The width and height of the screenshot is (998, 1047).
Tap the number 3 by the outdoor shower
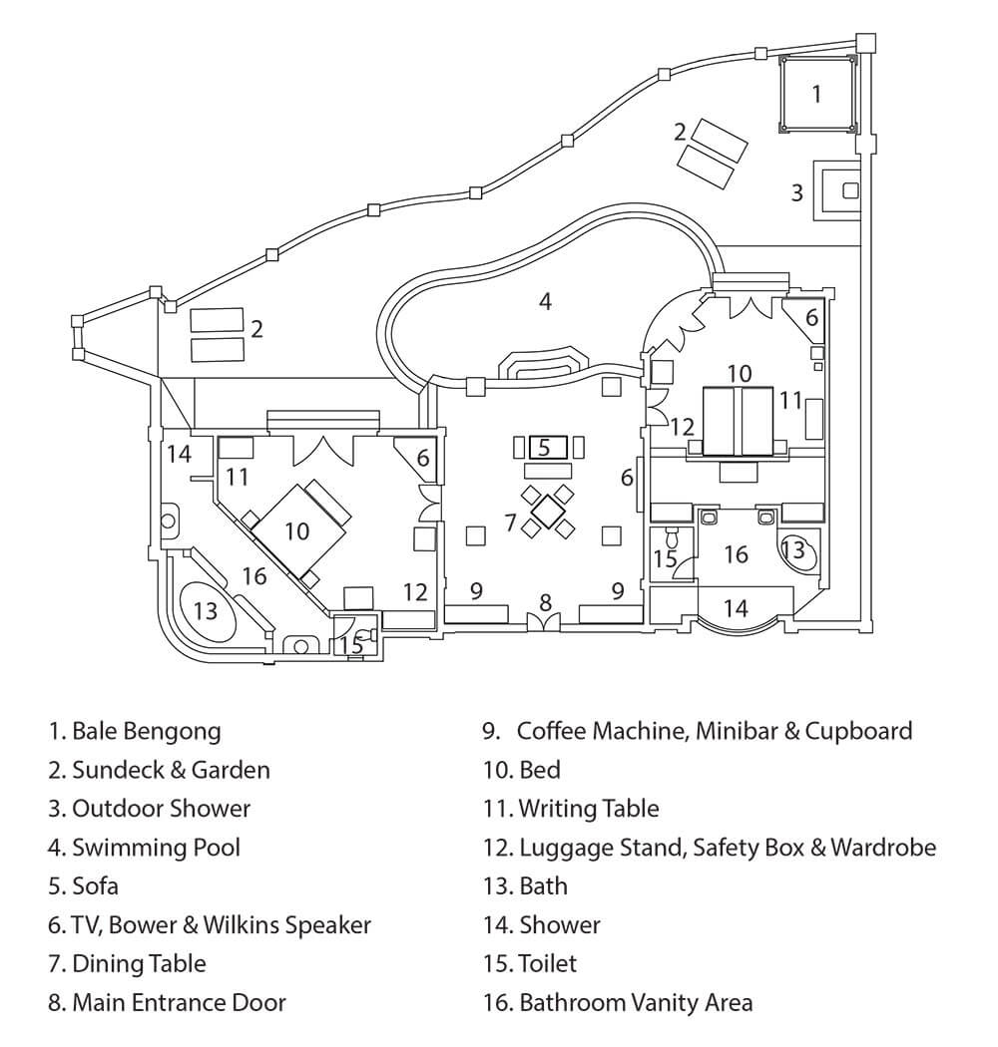(797, 192)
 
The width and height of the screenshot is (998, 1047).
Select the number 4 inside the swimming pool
(545, 300)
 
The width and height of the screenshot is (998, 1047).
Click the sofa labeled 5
(543, 448)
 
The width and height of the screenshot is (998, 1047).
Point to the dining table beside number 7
(548, 511)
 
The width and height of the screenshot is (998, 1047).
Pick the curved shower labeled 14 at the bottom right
(736, 608)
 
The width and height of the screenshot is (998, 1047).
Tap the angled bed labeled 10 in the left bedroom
(298, 529)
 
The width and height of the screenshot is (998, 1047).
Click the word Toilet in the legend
(547, 963)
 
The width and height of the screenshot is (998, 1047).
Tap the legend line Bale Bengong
(135, 731)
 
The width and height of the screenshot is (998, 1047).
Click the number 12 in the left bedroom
(415, 591)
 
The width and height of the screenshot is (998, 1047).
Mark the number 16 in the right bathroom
(736, 554)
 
